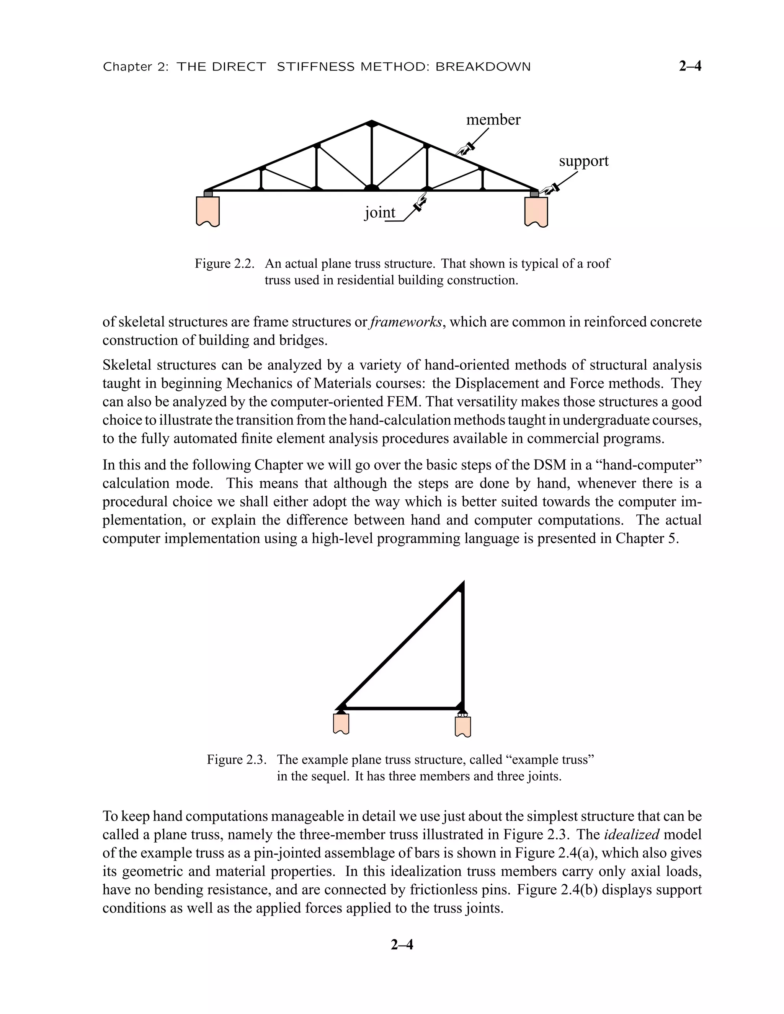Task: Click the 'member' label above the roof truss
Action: pyautogui.click(x=493, y=120)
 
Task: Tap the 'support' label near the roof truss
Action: pyautogui.click(x=583, y=161)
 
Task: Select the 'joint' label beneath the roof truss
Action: pyautogui.click(x=379, y=212)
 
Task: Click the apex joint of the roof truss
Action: pyautogui.click(x=372, y=123)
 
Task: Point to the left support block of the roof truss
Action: pyautogui.click(x=207, y=211)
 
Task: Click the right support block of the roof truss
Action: pyautogui.click(x=536, y=211)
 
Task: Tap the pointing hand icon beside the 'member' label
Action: pyautogui.click(x=464, y=149)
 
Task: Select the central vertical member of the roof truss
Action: pyautogui.click(x=372, y=155)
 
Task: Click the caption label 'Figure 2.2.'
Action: pyautogui.click(x=225, y=264)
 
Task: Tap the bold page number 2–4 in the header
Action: pyautogui.click(x=690, y=67)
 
